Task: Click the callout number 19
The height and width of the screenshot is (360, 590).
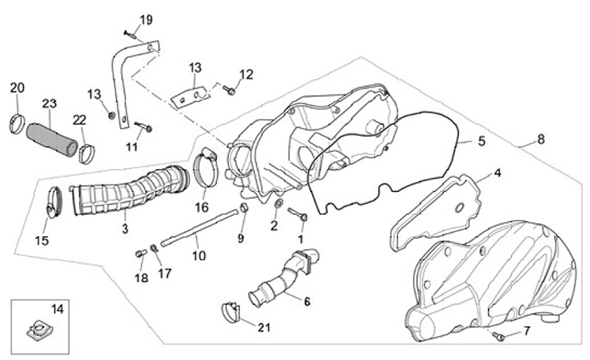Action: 146,20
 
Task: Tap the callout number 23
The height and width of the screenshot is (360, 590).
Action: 49,103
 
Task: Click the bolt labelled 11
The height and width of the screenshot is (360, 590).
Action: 144,127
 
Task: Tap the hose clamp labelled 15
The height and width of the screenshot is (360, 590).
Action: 56,201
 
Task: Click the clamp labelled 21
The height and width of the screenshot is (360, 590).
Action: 231,312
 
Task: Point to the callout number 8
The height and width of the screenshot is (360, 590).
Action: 541,140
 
